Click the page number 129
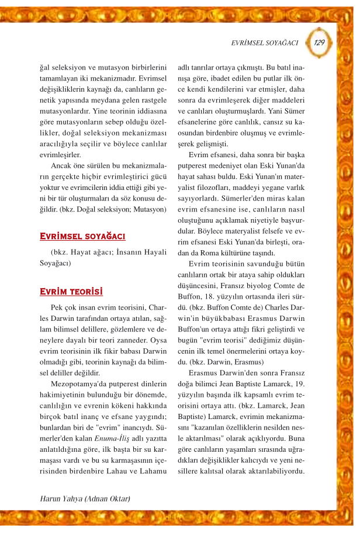tap(319, 42)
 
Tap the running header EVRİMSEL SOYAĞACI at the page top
tap(265, 43)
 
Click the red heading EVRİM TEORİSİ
tap(71, 290)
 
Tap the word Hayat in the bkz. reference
tap(89, 252)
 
